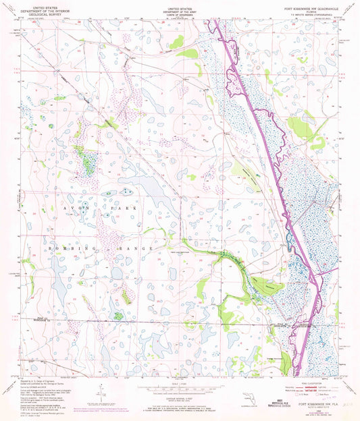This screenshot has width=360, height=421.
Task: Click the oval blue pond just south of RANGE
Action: [118, 272]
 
